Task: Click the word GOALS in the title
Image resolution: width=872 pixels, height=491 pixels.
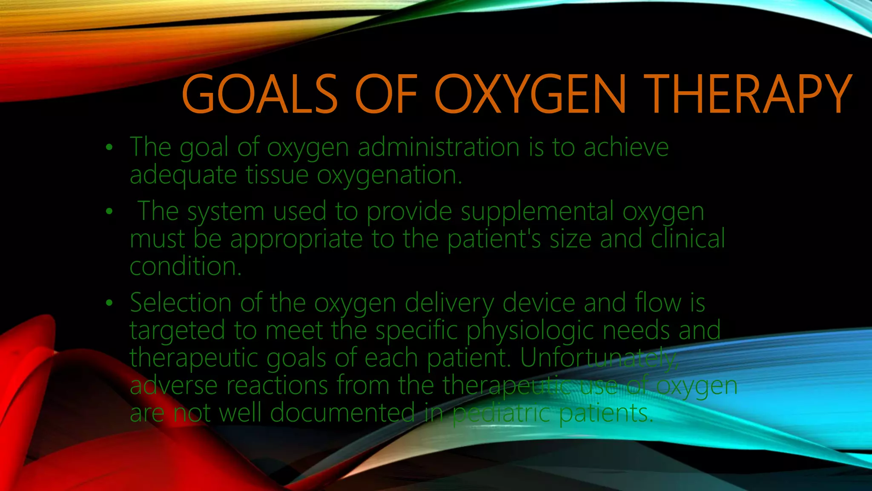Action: [260, 94]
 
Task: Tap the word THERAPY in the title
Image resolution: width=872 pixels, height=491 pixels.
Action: [748, 94]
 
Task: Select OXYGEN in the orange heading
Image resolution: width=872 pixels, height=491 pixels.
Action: [530, 94]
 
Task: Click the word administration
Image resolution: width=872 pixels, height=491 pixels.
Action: [439, 147]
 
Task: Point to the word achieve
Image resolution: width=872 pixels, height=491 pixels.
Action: [626, 147]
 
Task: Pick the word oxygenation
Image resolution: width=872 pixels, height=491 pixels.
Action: [389, 175]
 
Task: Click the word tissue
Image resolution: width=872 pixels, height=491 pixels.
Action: [277, 175]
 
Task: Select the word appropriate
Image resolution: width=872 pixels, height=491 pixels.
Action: [296, 239]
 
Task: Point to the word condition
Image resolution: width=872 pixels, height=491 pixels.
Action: [185, 266]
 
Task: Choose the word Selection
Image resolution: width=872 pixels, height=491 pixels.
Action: [181, 303]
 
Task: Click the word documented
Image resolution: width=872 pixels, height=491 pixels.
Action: [342, 413]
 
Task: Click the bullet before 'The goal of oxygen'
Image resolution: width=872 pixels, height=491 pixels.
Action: [109, 147]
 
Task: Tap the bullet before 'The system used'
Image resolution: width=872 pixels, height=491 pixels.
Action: [109, 211]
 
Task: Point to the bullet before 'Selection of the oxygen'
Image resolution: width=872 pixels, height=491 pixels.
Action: [109, 303]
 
